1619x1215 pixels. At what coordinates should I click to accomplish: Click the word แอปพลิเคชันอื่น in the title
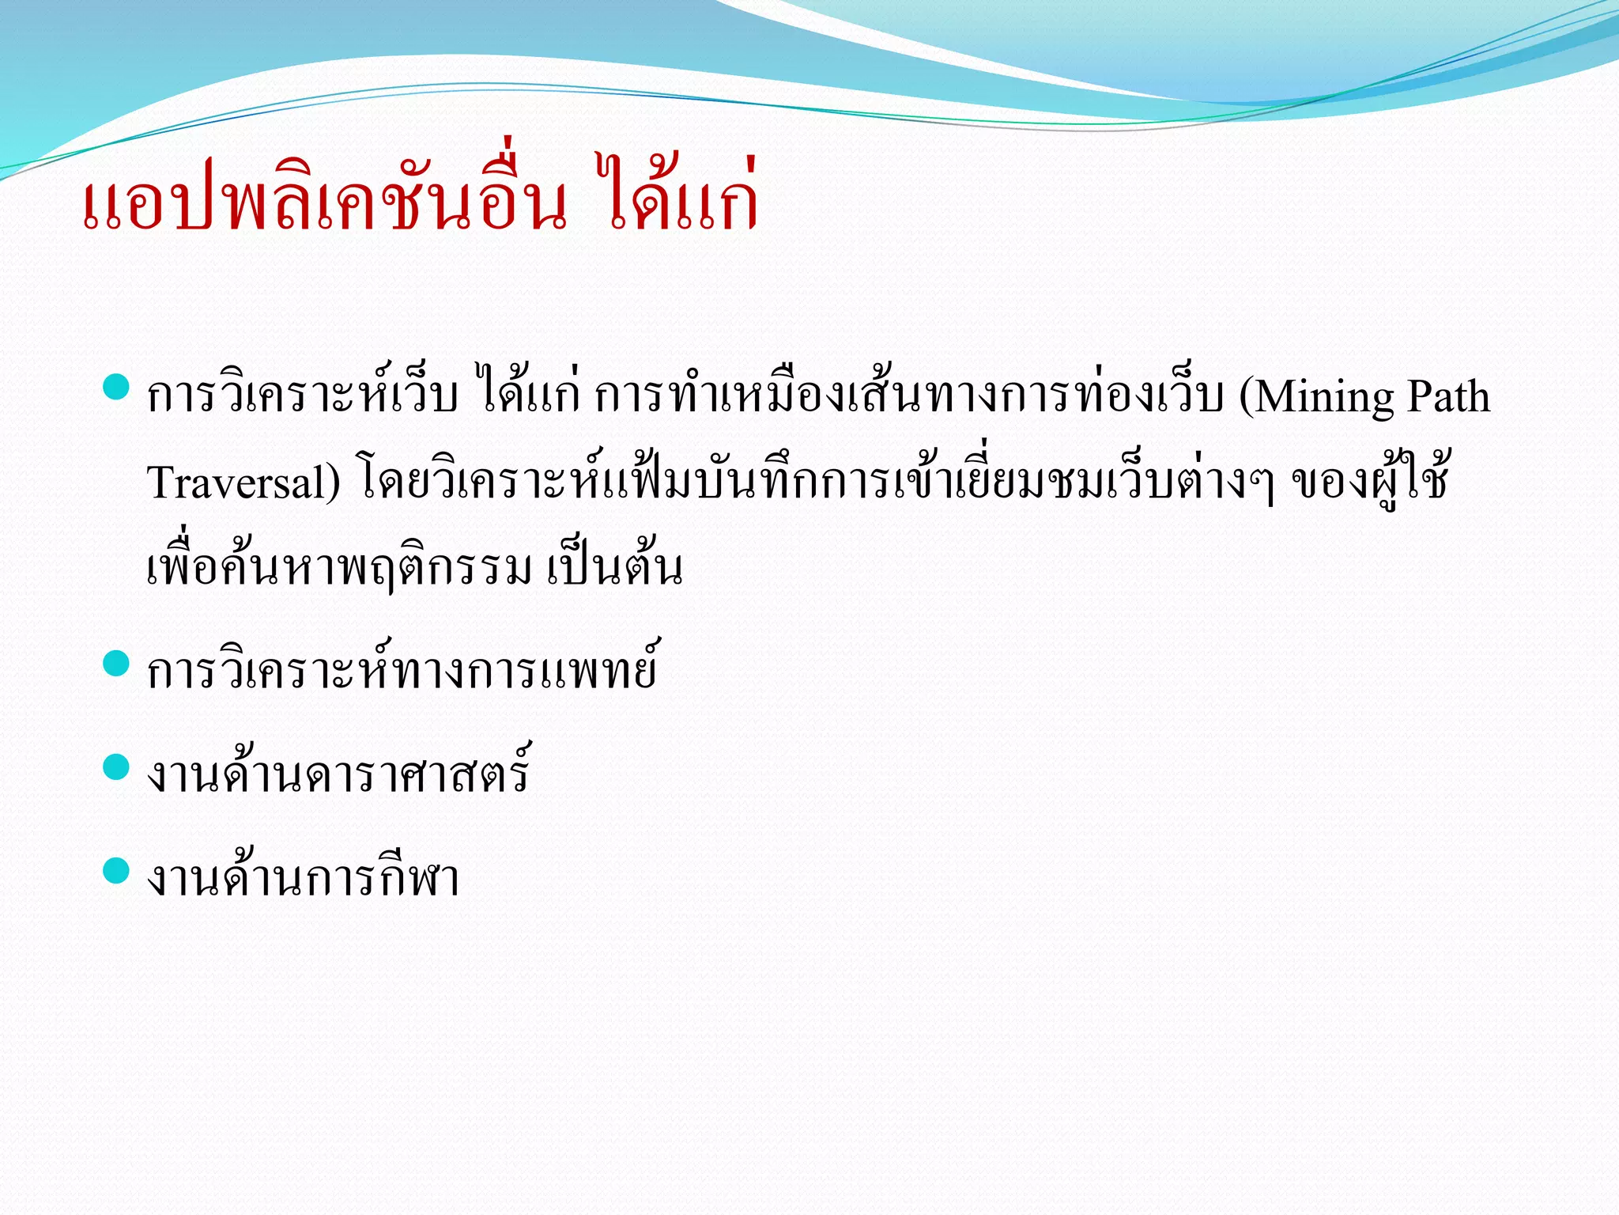tap(324, 202)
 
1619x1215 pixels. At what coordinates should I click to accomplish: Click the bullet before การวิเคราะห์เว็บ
tap(116, 387)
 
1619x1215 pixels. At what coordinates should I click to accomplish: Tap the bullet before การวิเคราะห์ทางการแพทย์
tap(116, 663)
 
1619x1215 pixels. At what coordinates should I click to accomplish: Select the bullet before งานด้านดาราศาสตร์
tap(116, 766)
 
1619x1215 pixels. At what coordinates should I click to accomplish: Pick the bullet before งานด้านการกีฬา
tap(116, 870)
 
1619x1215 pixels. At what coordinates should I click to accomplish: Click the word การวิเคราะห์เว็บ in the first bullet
tap(303, 396)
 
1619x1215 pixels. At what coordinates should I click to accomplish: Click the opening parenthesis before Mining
tap(1247, 397)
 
